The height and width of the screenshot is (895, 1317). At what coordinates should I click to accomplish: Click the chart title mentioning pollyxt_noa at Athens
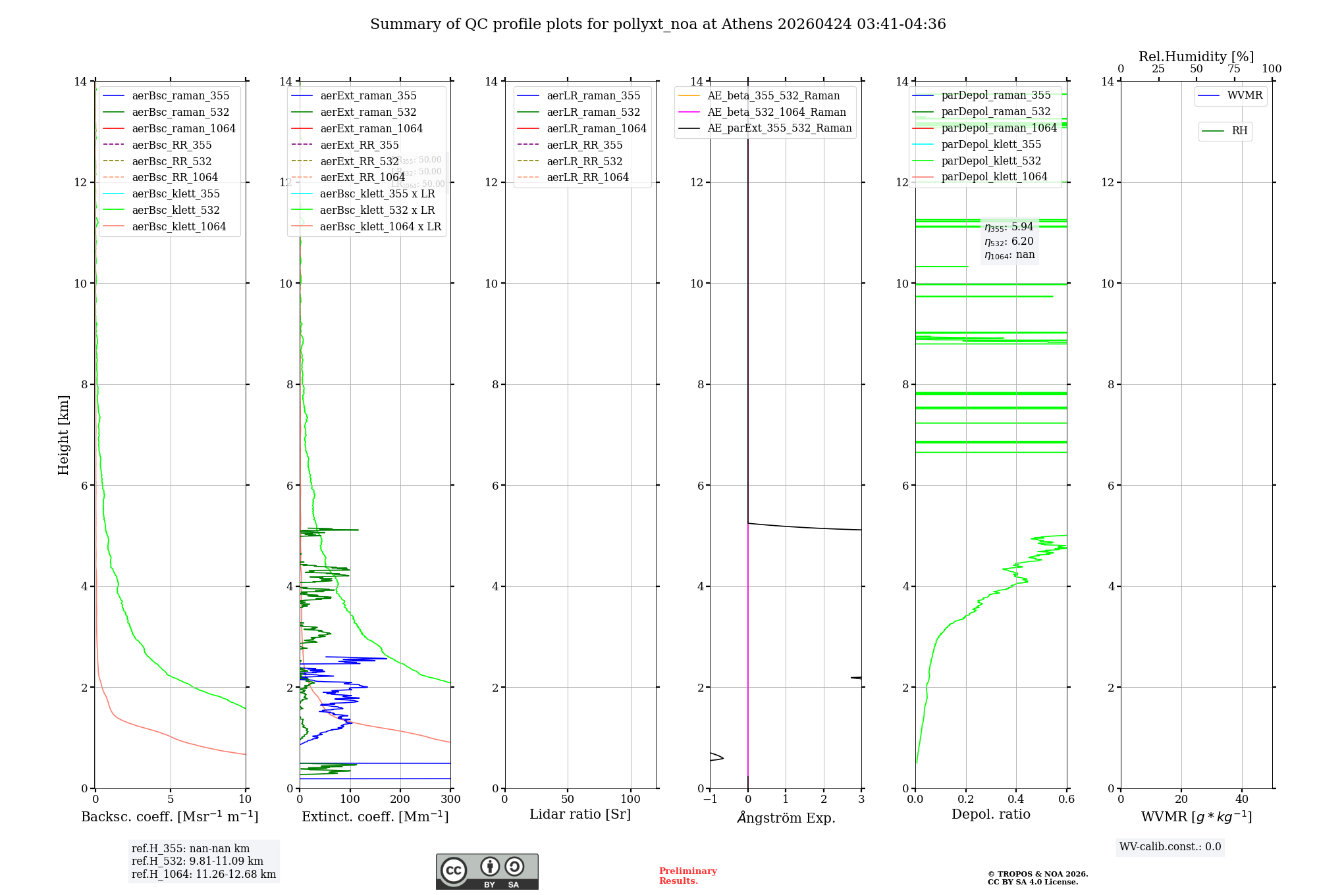[658, 24]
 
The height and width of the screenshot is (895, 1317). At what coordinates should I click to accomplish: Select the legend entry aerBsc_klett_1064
[178, 226]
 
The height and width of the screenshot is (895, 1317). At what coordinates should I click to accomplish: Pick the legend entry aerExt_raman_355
[368, 96]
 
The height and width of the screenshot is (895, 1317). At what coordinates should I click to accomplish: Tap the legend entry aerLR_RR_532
[584, 161]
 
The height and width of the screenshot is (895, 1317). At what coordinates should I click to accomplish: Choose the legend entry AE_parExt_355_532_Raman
[779, 128]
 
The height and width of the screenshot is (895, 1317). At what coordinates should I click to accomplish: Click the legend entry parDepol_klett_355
[991, 145]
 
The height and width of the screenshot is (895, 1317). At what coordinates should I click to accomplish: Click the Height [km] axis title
[63, 434]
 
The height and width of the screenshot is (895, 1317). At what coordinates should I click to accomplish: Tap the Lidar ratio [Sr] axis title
[580, 814]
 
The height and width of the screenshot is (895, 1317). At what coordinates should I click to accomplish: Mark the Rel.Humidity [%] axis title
[1196, 57]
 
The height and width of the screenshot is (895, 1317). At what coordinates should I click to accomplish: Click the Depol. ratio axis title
[990, 814]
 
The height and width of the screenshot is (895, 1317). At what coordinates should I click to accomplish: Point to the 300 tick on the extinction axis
[450, 800]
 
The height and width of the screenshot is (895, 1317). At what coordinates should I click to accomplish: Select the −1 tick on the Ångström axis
[710, 800]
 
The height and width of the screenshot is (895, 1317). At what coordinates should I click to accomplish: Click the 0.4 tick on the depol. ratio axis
[1016, 800]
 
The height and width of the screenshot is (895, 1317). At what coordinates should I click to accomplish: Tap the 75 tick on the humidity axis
[1234, 69]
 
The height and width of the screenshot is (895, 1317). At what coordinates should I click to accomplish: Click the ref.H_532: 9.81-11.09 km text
[197, 861]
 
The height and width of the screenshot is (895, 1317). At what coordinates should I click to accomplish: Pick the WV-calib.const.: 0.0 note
[1170, 847]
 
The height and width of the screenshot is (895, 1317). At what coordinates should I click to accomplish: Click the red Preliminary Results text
[687, 876]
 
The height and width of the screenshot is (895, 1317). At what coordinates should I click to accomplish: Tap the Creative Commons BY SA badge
[487, 872]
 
